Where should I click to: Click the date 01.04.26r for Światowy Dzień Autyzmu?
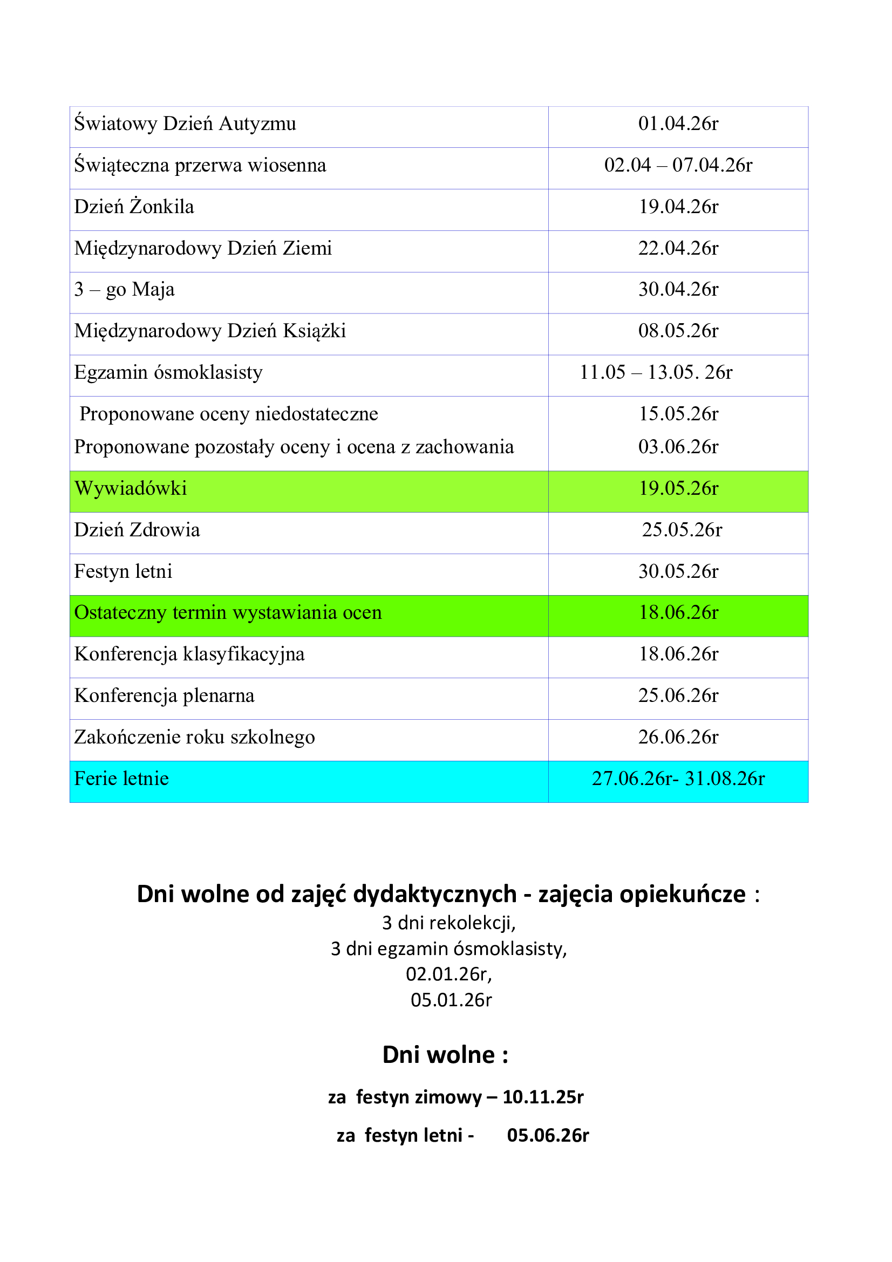point(678,124)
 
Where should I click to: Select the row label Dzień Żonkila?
point(134,207)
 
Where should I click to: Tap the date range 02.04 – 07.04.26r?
point(678,165)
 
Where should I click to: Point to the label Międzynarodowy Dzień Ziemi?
point(203,248)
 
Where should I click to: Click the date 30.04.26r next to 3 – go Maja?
point(678,289)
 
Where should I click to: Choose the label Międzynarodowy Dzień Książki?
point(210,331)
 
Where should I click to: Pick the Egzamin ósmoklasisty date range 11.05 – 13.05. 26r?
point(656,373)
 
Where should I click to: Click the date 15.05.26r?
point(678,414)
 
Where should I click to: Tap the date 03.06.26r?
point(678,447)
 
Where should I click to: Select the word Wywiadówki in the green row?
point(131,488)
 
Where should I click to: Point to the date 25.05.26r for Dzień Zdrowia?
point(682,530)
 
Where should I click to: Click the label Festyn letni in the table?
point(123,571)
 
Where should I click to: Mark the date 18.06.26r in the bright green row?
point(678,612)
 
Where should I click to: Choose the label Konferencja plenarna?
point(165,696)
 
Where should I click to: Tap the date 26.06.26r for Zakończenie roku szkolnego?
point(678,737)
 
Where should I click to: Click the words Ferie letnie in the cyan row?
point(121,779)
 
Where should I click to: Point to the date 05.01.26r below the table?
point(451,1000)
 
